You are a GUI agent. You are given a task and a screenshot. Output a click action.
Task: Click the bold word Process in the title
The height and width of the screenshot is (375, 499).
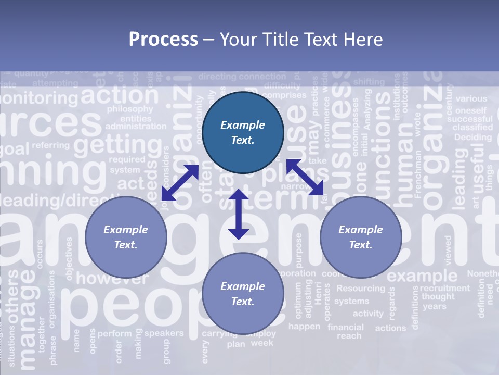point(163,40)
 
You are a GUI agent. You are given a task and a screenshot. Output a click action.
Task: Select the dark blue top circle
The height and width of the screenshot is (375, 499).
point(243,132)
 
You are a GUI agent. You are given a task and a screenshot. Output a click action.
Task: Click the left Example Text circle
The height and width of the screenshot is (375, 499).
point(126,237)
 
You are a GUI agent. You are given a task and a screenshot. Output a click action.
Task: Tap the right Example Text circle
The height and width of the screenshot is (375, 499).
point(361,237)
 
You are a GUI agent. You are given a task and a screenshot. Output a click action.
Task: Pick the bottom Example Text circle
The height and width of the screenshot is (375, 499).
point(243,294)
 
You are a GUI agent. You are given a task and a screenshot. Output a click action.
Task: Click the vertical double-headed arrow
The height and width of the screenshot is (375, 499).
point(239,215)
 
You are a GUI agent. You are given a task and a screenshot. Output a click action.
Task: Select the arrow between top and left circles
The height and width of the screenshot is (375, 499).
point(180,183)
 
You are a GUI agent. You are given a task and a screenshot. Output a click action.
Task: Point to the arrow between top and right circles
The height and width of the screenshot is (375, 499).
point(305,177)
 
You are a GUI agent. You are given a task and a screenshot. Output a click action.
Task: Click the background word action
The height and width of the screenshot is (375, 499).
point(120,95)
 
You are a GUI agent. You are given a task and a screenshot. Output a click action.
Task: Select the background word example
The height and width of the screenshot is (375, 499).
point(422,275)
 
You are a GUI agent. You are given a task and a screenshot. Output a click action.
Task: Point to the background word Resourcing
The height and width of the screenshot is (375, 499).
point(361,288)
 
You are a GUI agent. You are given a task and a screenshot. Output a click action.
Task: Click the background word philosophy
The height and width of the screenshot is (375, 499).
point(130,109)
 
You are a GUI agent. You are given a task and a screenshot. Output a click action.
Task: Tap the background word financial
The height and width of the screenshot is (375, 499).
point(346,327)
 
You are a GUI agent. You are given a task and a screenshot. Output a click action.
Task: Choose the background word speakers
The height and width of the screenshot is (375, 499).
point(164,333)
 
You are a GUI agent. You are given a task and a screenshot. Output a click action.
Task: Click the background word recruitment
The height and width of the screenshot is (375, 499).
point(445,288)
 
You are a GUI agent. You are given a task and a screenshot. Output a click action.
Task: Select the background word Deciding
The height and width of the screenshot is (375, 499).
point(472,137)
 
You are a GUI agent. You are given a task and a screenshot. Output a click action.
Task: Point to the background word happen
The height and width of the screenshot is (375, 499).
point(304,327)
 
